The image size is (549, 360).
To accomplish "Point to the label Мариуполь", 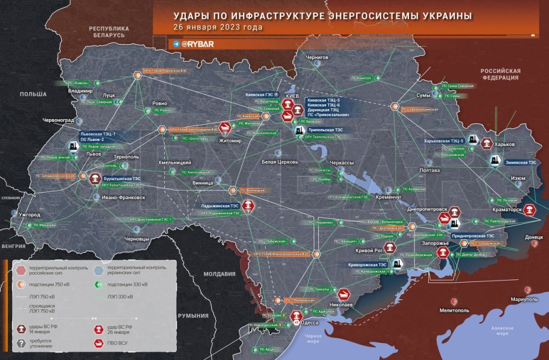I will (524, 299).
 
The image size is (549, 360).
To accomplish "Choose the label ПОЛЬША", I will (33, 94).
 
